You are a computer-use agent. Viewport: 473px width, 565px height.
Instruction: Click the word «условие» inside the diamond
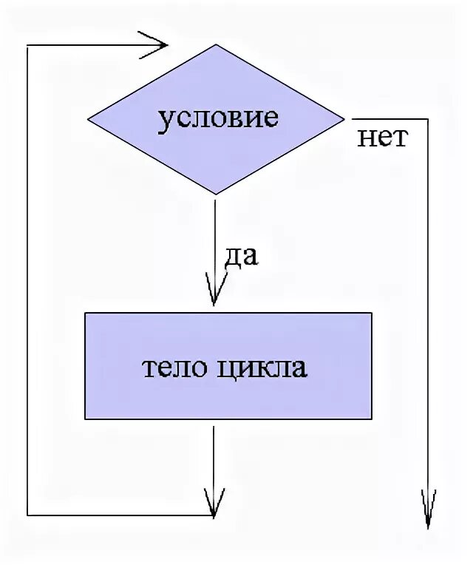coord(218,118)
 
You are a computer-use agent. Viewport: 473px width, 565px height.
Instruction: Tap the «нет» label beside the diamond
coord(383,138)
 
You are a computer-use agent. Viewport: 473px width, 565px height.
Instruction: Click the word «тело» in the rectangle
coord(174,368)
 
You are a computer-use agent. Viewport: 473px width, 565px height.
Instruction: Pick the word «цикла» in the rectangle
coord(262,368)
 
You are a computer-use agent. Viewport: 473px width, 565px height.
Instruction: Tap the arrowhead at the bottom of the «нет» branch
coord(428,510)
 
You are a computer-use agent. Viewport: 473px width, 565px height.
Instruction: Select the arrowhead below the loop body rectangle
coord(214,504)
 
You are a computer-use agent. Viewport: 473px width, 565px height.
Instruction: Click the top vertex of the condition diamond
coord(216,44)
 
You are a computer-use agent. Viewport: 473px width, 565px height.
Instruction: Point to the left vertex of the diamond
coord(88,119)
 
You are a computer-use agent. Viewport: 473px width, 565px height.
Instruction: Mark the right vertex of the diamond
coord(344,118)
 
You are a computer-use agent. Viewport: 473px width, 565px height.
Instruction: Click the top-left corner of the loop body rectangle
coord(86,313)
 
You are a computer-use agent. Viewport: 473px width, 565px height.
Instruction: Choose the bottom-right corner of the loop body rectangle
coord(371,419)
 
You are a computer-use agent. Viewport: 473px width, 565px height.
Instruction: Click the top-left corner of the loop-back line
coord(27,46)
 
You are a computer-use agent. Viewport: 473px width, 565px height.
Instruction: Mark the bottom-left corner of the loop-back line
coord(27,515)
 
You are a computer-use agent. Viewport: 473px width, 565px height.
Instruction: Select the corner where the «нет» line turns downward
coord(428,118)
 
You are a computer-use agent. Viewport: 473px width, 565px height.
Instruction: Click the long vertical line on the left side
coord(27,281)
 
